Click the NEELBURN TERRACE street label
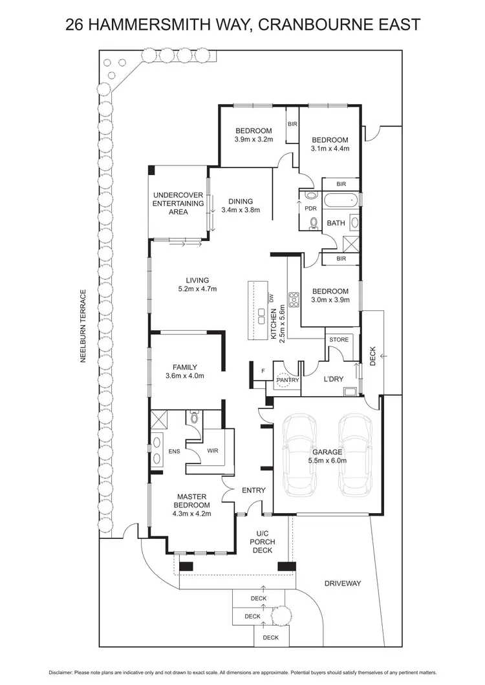coord(83,326)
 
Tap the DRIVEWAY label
coord(343,584)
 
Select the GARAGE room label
coord(327,452)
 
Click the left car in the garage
coord(301,454)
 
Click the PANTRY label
coord(287,381)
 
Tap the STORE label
coord(339,339)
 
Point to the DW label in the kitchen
coord(272,298)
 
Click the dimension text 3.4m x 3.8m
coord(240,210)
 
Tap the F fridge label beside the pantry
coord(263,371)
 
